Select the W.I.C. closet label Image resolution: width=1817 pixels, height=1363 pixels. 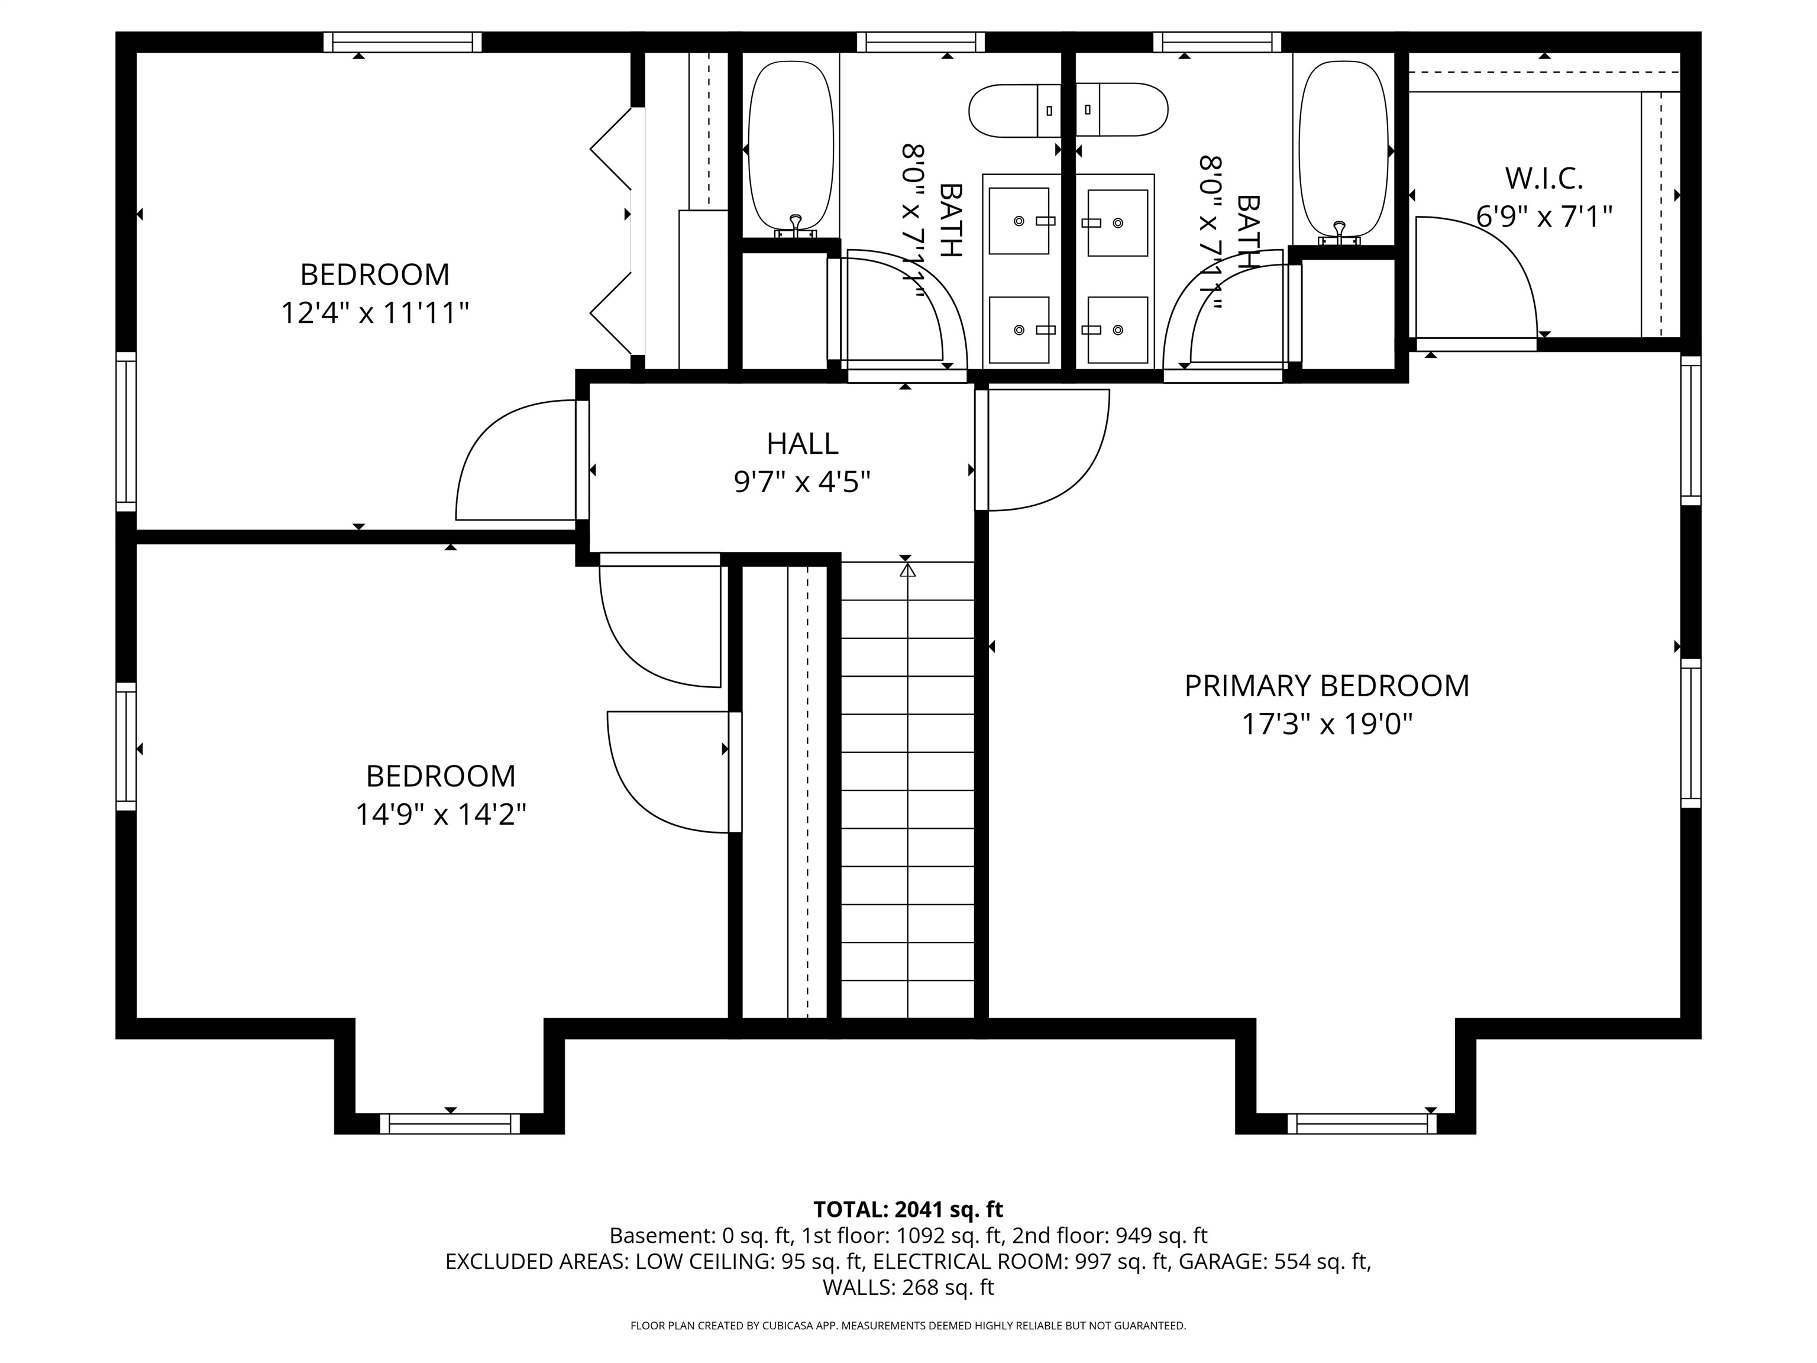pos(1544,177)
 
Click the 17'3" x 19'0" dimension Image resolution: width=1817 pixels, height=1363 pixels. pos(1326,725)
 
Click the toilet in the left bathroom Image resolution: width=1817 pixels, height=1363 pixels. pos(1014,110)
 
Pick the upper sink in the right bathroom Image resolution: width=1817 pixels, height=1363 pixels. pos(1117,222)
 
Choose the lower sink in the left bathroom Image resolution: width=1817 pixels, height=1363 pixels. pos(1019,330)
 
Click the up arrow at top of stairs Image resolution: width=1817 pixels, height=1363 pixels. pos(907,569)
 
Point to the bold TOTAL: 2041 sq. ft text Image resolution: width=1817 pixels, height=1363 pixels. pos(908,1209)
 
